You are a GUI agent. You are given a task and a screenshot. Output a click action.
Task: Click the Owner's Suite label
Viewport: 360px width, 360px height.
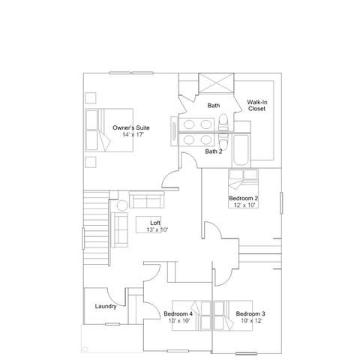point(131,127)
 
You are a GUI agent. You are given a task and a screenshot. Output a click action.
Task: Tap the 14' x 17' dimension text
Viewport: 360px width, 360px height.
point(133,134)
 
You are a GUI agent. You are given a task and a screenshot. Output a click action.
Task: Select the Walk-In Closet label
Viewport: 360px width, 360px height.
point(257,105)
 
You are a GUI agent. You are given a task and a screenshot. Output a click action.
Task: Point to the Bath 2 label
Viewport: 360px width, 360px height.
point(214,151)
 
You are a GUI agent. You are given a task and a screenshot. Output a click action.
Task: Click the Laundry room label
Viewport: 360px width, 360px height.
point(106,306)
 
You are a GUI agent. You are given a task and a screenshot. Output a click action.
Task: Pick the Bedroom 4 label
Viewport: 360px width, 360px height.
point(178,313)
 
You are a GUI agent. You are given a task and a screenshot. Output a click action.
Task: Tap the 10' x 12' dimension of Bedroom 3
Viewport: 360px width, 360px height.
point(251,320)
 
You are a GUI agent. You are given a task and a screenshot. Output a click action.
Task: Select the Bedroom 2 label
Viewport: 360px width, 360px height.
point(244,198)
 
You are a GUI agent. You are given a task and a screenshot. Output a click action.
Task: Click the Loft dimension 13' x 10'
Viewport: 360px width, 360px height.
point(157,229)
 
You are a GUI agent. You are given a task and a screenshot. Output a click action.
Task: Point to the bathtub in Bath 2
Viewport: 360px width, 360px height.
point(241,150)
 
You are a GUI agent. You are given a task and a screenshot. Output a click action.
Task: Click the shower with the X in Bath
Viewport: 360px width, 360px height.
point(216,83)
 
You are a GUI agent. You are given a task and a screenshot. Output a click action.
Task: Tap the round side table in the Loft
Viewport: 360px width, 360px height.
point(122,205)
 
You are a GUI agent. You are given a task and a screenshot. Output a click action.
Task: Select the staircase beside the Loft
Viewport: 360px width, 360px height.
point(96,228)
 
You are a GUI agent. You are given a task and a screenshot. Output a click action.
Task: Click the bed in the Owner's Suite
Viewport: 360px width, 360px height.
point(109,130)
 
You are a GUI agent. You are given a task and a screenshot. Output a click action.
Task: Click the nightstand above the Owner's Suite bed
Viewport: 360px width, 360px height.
point(91,97)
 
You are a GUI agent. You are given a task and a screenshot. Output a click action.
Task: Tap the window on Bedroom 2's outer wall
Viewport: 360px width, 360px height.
point(281,203)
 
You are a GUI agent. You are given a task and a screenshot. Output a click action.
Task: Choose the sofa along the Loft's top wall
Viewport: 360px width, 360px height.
point(147,199)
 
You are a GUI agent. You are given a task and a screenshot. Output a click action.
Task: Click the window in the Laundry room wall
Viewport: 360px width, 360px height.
point(112,324)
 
